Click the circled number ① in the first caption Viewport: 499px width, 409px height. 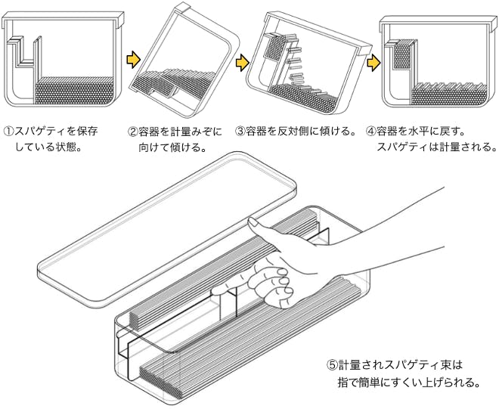coord(9,131)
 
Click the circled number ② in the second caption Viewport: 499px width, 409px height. coord(133,131)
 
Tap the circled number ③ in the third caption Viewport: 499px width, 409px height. coord(240,131)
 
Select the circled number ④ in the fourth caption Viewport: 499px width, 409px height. coord(370,131)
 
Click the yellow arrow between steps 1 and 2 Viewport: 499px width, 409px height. coord(133,58)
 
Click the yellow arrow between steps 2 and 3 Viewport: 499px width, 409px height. coord(243,61)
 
